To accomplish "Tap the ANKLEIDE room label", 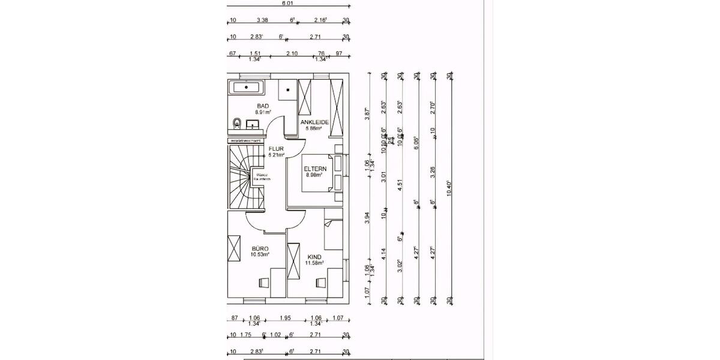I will click(x=314, y=122).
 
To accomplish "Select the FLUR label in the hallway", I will click(x=275, y=149).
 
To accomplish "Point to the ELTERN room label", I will click(x=314, y=169).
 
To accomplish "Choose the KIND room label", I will click(x=315, y=256).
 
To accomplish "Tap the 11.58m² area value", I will click(x=315, y=263).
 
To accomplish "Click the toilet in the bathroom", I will click(x=237, y=124).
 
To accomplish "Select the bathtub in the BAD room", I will click(x=247, y=88).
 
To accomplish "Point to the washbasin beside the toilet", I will click(x=253, y=124).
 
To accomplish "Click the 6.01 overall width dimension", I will click(x=288, y=3).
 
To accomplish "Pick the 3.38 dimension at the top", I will click(x=262, y=20).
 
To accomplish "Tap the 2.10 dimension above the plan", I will click(x=293, y=53).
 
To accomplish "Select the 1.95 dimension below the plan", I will click(x=286, y=318).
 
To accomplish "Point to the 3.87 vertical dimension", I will click(x=368, y=115).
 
